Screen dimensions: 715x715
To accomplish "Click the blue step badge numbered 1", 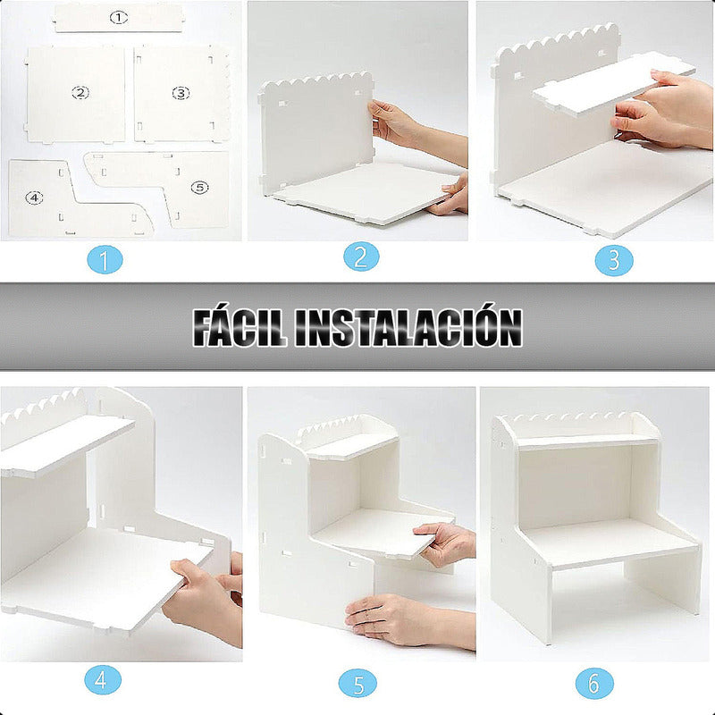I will point(105,261).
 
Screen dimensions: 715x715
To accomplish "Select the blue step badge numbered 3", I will point(615,259).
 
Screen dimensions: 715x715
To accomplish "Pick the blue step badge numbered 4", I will point(103,681).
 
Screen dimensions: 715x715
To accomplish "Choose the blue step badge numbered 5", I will point(357,685).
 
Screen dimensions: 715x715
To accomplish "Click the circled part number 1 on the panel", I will point(119,17).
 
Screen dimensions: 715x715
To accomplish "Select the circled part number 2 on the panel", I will point(80,92).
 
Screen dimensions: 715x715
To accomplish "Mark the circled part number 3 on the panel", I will point(181,92).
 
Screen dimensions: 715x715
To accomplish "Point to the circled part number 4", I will point(34,197).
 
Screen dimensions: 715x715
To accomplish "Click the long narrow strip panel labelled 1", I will point(119,17).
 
